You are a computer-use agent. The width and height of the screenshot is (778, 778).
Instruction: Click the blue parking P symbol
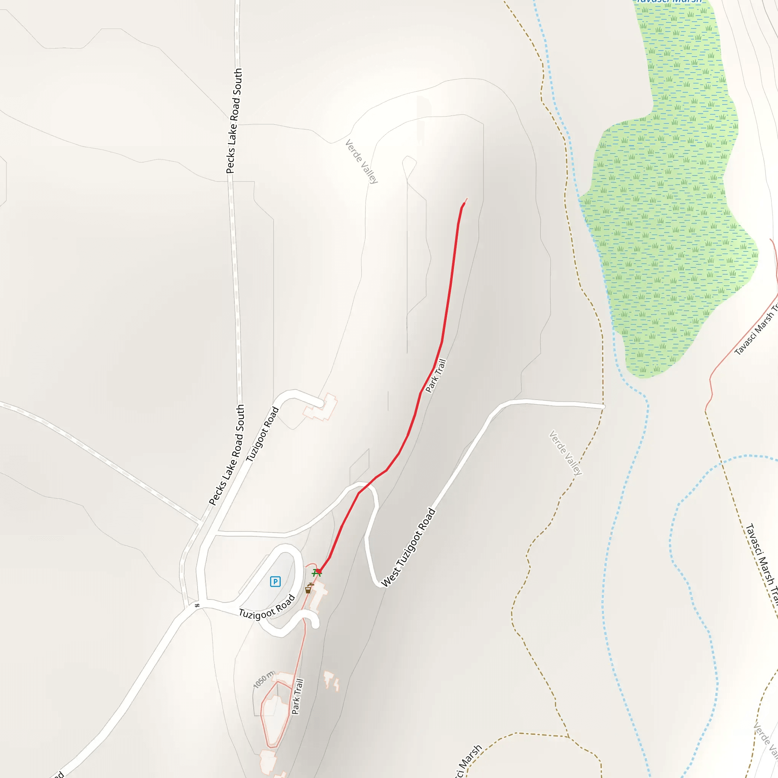(275, 582)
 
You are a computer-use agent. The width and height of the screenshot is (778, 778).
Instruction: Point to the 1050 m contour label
(264, 680)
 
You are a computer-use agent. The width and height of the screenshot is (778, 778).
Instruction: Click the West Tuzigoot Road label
(408, 548)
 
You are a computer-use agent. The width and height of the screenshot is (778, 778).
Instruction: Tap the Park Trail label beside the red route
(436, 376)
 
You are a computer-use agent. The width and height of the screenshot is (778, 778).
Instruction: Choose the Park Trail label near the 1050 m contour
(297, 697)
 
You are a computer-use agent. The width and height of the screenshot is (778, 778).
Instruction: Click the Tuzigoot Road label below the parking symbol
(267, 607)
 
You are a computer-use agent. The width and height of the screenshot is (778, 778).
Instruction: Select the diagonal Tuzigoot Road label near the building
(262, 434)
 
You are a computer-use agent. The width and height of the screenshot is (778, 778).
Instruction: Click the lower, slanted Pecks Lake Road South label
(227, 455)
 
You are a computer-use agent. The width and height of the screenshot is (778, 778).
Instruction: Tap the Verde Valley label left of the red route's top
(362, 161)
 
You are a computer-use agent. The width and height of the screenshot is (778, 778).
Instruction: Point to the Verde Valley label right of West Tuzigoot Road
(566, 452)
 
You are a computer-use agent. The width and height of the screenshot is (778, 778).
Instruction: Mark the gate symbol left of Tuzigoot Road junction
(197, 606)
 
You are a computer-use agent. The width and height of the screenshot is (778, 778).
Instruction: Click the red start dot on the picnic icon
(318, 571)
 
